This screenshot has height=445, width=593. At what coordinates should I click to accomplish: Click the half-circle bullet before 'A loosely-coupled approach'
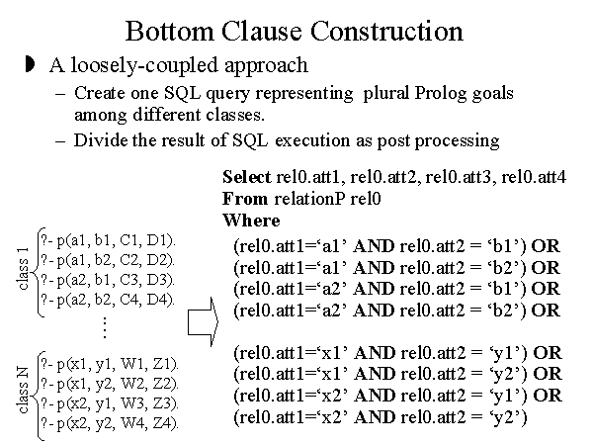click(29, 65)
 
